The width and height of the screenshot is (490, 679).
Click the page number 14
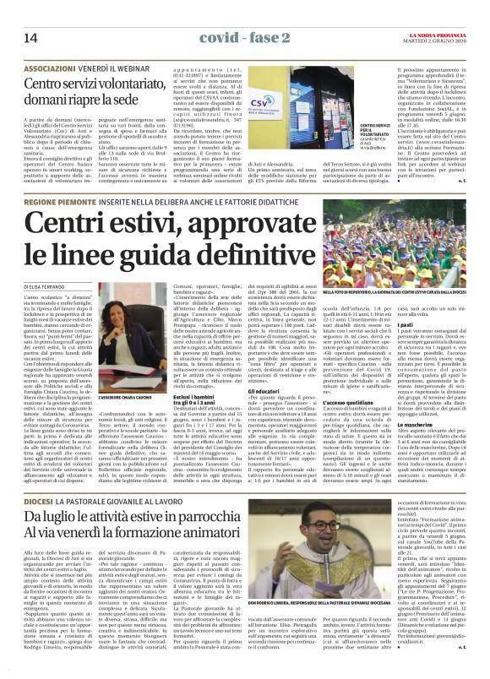pyautogui.click(x=30, y=38)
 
